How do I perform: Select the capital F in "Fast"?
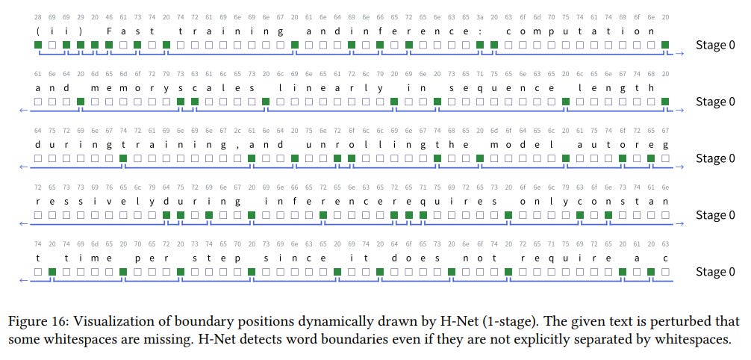coord(109,31)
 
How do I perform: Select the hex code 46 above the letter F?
coord(109,16)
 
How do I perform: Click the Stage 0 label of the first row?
coord(710,45)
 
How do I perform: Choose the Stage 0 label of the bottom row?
coord(710,272)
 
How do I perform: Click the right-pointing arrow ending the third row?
coord(679,168)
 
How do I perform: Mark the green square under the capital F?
coord(109,45)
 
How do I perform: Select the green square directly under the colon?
coord(479,45)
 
